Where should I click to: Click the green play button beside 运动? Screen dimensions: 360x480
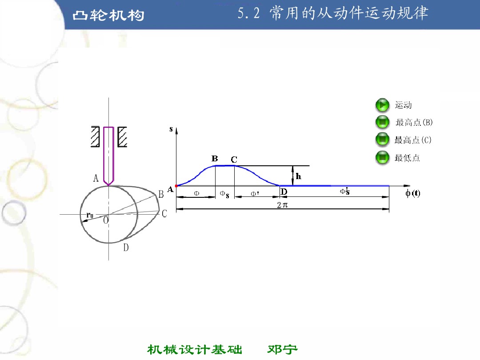point(382,105)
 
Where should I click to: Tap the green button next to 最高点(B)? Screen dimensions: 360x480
point(382,122)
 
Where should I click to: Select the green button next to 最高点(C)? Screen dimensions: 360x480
point(382,140)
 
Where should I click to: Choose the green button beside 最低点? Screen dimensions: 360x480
point(382,158)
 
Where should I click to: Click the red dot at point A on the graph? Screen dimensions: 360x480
point(176,186)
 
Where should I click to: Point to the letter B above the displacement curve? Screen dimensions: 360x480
point(215,159)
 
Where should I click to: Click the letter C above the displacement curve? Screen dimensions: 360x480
point(234,160)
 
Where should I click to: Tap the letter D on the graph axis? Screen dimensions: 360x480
point(284,192)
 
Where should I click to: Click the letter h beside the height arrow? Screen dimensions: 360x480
point(299,176)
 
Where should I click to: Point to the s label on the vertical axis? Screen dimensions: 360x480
point(171,129)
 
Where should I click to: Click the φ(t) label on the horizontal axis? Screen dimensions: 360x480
point(412,193)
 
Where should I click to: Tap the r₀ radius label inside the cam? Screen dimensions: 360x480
point(90,216)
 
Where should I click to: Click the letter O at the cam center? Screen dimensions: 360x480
point(106,220)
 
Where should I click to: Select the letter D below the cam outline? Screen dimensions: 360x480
point(126,248)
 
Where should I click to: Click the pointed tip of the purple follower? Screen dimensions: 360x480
point(108,185)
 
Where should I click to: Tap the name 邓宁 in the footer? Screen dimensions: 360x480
point(283,350)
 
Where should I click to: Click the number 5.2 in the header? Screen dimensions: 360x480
point(248,14)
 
